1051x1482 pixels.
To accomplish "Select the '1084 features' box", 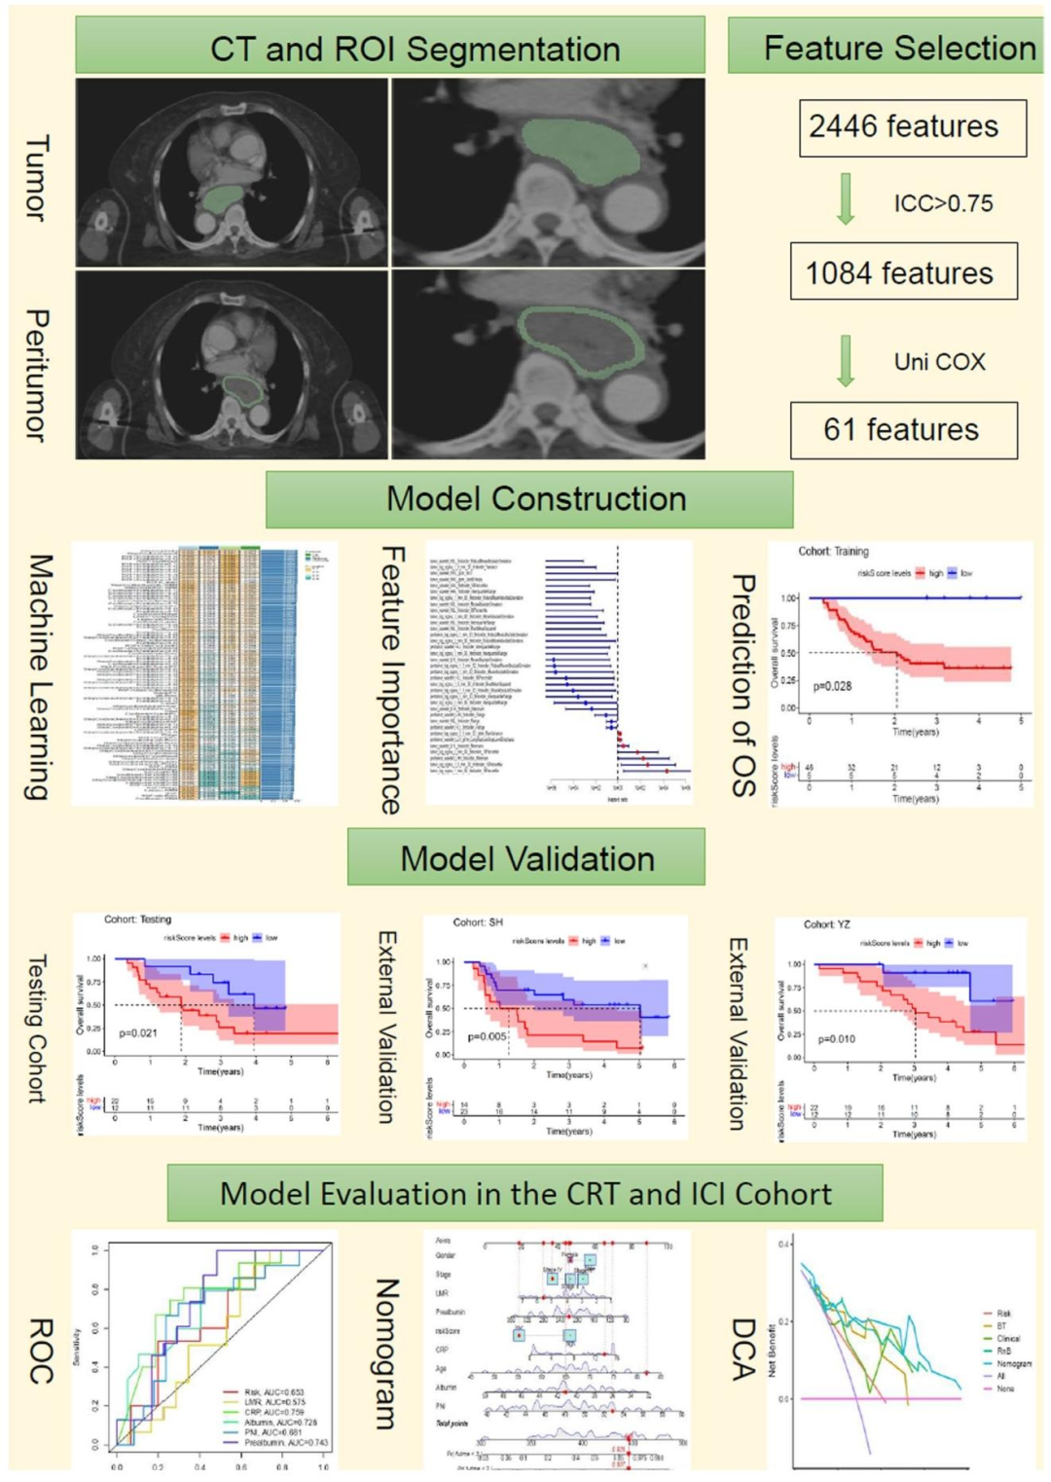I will coord(903,272).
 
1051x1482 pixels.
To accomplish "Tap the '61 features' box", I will coord(903,430).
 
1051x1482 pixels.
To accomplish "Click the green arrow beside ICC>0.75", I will coord(846,199).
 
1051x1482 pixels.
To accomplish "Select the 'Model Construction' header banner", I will coord(529,499).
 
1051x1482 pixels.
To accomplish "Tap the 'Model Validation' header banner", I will coord(526,858).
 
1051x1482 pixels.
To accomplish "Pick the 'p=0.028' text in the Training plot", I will coord(832,686).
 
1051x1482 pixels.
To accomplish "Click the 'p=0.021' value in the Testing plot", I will coord(138,1032).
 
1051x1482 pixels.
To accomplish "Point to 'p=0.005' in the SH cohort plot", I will coord(488,1036).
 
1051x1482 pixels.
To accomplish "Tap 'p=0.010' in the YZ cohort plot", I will coord(837,1039).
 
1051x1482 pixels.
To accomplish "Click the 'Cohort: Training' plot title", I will coord(833,551).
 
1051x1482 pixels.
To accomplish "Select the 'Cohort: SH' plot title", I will coord(478,922).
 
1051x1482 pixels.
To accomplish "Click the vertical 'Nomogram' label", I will coord(386,1354).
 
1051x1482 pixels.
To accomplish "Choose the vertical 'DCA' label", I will coord(743,1349).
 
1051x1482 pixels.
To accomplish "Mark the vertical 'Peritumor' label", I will coord(36,375).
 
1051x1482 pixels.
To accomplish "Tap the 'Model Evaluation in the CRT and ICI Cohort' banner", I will coord(525,1193).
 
